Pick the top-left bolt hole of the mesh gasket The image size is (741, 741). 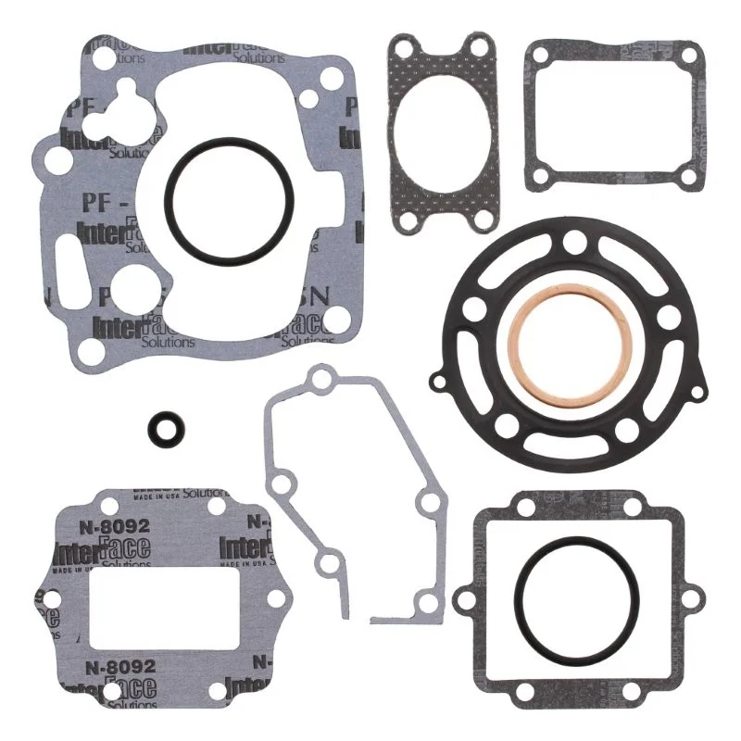pos(402,47)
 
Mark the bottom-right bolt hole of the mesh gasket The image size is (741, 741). pos(481,219)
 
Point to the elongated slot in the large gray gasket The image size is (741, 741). pos(70,257)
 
